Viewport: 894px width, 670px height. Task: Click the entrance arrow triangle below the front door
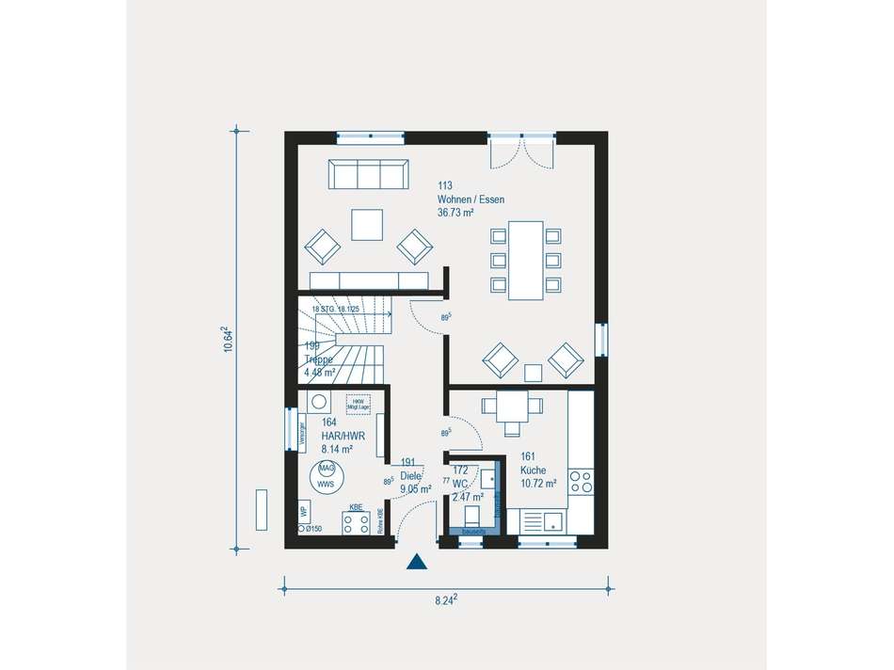[417, 563]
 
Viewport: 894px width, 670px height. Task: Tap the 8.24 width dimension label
[448, 600]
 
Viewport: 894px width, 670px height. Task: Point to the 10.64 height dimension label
[229, 339]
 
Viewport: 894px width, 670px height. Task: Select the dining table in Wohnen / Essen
[525, 260]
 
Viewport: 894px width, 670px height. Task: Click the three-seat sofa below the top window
[368, 174]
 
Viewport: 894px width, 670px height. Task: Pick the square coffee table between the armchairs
[367, 225]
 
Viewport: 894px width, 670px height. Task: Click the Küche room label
[534, 470]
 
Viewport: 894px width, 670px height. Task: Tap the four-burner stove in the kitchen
[581, 482]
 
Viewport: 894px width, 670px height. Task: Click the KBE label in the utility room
[356, 508]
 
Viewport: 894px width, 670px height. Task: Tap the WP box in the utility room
[304, 513]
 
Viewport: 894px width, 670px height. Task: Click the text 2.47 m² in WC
[468, 496]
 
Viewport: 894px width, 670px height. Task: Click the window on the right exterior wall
[601, 340]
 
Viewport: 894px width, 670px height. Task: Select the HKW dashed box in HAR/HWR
[358, 403]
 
